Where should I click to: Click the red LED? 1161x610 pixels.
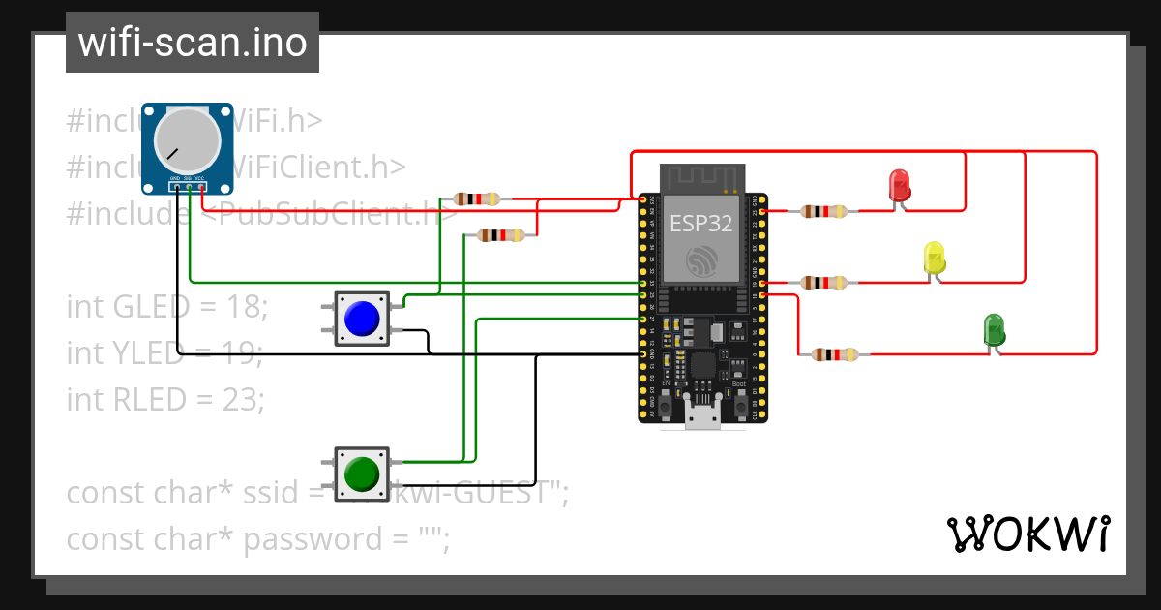pyautogui.click(x=899, y=185)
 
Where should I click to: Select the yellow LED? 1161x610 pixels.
pyautogui.click(x=935, y=258)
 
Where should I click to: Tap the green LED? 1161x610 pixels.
pyautogui.click(x=993, y=330)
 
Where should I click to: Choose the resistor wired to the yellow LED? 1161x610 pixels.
pyautogui.click(x=828, y=283)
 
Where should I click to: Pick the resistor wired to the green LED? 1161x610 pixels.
pyautogui.click(x=834, y=355)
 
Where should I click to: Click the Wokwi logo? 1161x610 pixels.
pyautogui.click(x=1027, y=534)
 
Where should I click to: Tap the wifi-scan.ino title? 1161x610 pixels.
pyautogui.click(x=193, y=43)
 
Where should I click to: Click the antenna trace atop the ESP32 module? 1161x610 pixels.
pyautogui.click(x=701, y=179)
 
